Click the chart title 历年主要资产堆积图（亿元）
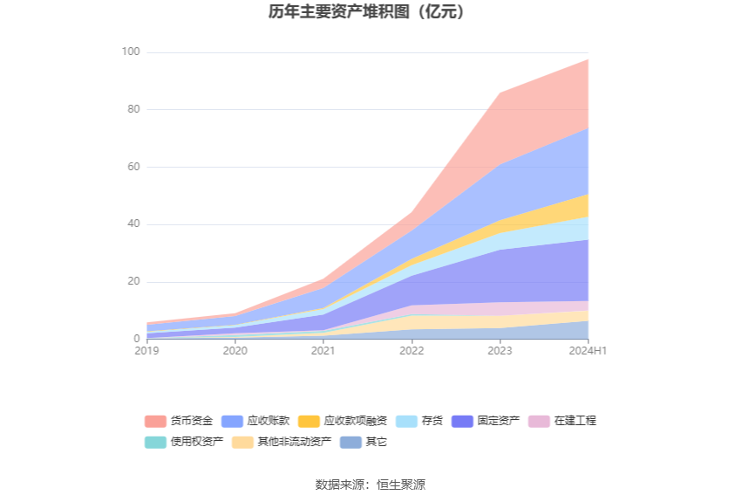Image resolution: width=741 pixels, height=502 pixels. point(370,12)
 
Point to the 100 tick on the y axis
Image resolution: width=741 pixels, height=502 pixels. point(130,52)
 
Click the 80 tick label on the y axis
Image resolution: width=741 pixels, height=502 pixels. point(133,110)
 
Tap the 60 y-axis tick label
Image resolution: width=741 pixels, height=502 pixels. point(133,167)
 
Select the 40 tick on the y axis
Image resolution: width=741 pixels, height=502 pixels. point(133,224)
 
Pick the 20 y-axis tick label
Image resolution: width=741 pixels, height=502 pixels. point(133,282)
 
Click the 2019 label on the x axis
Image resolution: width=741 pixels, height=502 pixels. point(147,351)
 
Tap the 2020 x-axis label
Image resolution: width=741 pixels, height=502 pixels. point(235,351)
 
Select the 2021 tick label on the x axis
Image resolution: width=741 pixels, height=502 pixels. point(323,351)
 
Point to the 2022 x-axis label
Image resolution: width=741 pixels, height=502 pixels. point(411,351)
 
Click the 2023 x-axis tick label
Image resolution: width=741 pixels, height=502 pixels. point(500,351)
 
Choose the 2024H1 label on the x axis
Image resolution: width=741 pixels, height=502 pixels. point(588,351)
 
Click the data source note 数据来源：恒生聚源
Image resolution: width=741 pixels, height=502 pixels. point(370,485)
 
